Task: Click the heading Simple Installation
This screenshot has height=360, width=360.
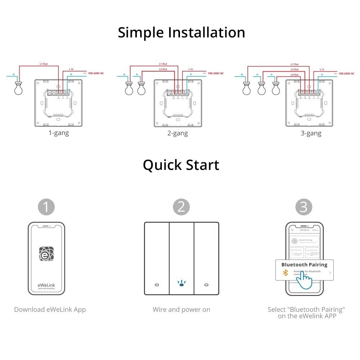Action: click(x=181, y=33)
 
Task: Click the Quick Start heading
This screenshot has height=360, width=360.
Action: click(x=181, y=165)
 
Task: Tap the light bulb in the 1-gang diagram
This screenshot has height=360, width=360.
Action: click(x=18, y=89)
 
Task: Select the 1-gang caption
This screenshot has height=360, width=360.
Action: click(x=59, y=133)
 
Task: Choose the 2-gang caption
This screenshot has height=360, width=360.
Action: click(x=177, y=133)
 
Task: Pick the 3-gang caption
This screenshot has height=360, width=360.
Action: click(x=311, y=133)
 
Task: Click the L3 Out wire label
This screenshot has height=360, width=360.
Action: click(x=294, y=75)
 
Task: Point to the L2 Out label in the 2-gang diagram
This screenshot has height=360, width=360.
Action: click(x=163, y=69)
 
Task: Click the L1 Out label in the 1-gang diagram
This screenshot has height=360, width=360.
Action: click(x=44, y=64)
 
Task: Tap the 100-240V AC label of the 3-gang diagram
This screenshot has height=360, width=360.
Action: click(x=348, y=73)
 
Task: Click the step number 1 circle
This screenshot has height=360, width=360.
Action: click(x=46, y=207)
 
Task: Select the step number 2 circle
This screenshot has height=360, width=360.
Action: click(x=181, y=207)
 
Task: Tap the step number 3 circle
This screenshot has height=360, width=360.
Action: click(x=304, y=207)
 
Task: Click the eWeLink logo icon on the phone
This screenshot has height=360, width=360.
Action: click(x=46, y=254)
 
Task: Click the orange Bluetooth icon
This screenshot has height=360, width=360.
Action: click(x=285, y=273)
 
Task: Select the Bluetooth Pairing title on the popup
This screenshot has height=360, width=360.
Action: click(x=304, y=265)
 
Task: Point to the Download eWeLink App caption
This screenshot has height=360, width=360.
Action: click(x=50, y=310)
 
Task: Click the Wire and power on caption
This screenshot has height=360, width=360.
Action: click(x=181, y=310)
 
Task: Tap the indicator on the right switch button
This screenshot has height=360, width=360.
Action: click(x=206, y=285)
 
